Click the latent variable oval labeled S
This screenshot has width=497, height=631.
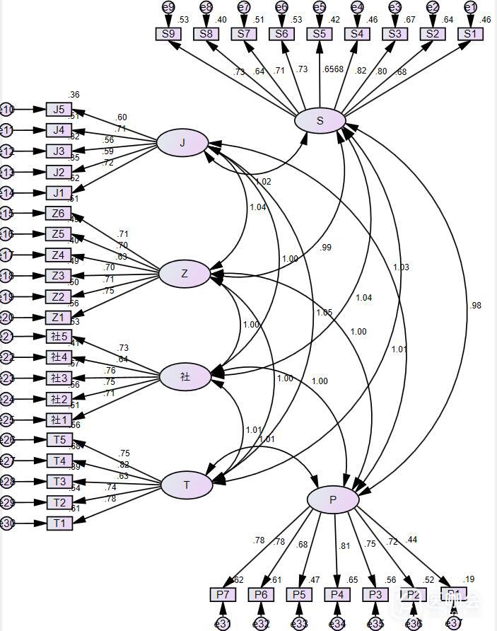point(320,120)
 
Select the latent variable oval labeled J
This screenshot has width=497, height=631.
point(182,143)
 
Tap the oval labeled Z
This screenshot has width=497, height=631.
point(185,274)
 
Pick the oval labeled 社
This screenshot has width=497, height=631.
point(185,377)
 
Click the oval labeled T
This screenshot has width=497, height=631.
point(187,485)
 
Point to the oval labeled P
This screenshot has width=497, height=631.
point(333,500)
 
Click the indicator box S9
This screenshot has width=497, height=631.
point(168,33)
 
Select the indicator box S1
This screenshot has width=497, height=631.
point(470,33)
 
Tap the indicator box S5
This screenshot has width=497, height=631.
point(320,33)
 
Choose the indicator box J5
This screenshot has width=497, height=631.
point(59,109)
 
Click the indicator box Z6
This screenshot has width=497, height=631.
point(59,214)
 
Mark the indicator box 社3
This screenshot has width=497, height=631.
point(59,378)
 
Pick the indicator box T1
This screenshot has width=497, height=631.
point(59,523)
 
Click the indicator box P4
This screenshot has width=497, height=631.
point(337,594)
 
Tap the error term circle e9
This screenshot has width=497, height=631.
point(168,7)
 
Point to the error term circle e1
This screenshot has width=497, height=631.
point(470,7)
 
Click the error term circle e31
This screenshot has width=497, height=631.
point(223,623)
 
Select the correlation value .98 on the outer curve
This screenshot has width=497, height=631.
point(475,305)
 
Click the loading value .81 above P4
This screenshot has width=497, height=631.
point(344,545)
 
